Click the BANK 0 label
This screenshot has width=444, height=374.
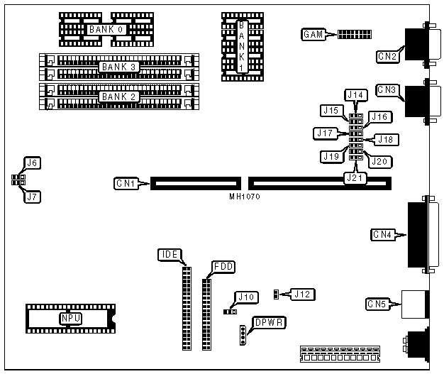pyautogui.click(x=106, y=30)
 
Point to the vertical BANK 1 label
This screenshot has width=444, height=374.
pyautogui.click(x=242, y=46)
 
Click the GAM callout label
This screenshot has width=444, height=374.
pyautogui.click(x=313, y=34)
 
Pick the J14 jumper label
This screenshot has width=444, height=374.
pyautogui.click(x=355, y=94)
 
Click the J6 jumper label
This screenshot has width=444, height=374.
pyautogui.click(x=32, y=163)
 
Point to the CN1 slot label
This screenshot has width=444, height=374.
pyautogui.click(x=126, y=184)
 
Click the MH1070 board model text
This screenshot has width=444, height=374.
pyautogui.click(x=244, y=196)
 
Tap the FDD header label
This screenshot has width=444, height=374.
pyautogui.click(x=223, y=266)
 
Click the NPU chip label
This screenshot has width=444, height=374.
pyautogui.click(x=70, y=319)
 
